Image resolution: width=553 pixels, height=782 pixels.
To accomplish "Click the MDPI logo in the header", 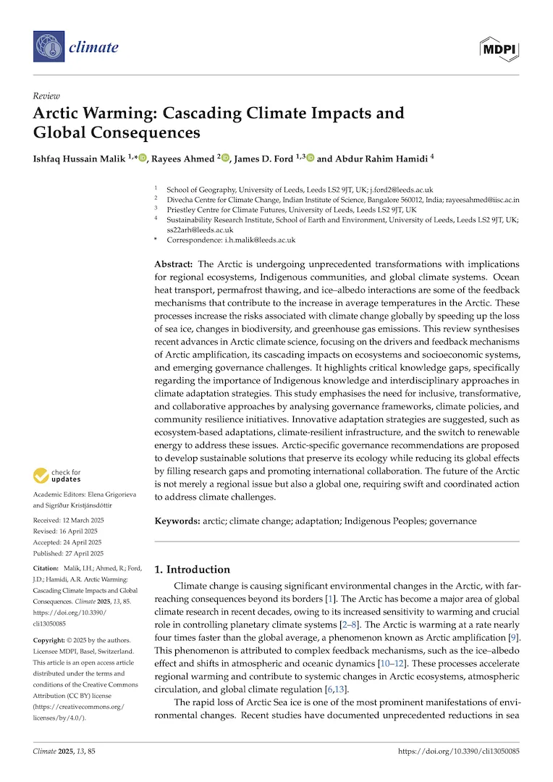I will click(499, 48).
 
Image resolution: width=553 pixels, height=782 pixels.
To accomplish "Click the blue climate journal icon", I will click(48, 48).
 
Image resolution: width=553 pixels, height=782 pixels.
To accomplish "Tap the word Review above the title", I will click(46, 96).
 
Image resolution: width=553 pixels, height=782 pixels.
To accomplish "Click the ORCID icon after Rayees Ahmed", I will click(225, 158).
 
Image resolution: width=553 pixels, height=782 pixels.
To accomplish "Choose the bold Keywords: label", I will click(178, 521).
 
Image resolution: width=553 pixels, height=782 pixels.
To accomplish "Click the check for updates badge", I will click(58, 476).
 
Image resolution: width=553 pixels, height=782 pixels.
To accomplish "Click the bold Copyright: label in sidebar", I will click(53, 640).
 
